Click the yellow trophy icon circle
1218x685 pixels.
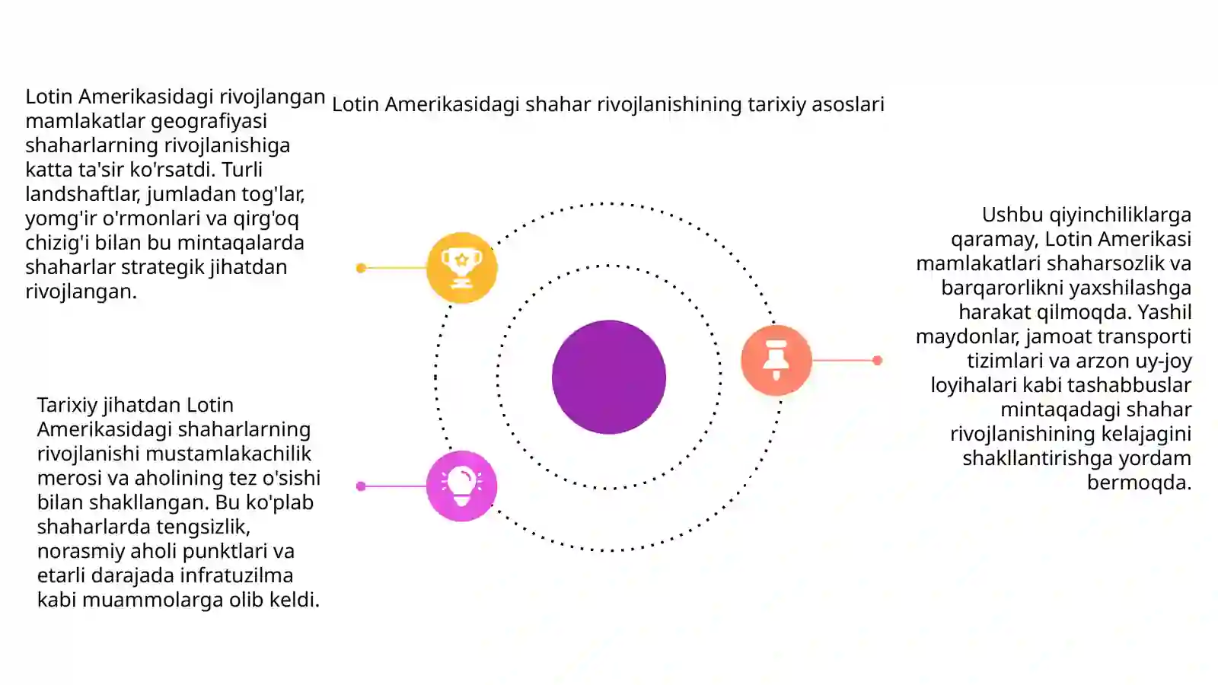coord(461,267)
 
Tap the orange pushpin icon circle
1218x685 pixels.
coord(776,360)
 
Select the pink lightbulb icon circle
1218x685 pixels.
coord(461,486)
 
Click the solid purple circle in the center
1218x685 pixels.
coord(609,378)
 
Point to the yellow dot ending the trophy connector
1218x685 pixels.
coord(361,268)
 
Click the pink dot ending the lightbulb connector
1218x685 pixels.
coord(361,486)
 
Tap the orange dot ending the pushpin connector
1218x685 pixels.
coord(877,361)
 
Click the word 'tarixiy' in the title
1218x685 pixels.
coord(776,104)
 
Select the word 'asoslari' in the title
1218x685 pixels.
coord(848,104)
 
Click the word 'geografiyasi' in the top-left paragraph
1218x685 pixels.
coord(209,121)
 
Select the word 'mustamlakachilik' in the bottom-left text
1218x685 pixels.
coord(228,454)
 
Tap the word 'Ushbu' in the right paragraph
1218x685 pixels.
coord(1012,215)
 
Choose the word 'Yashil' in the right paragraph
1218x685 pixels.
coord(1165,313)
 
